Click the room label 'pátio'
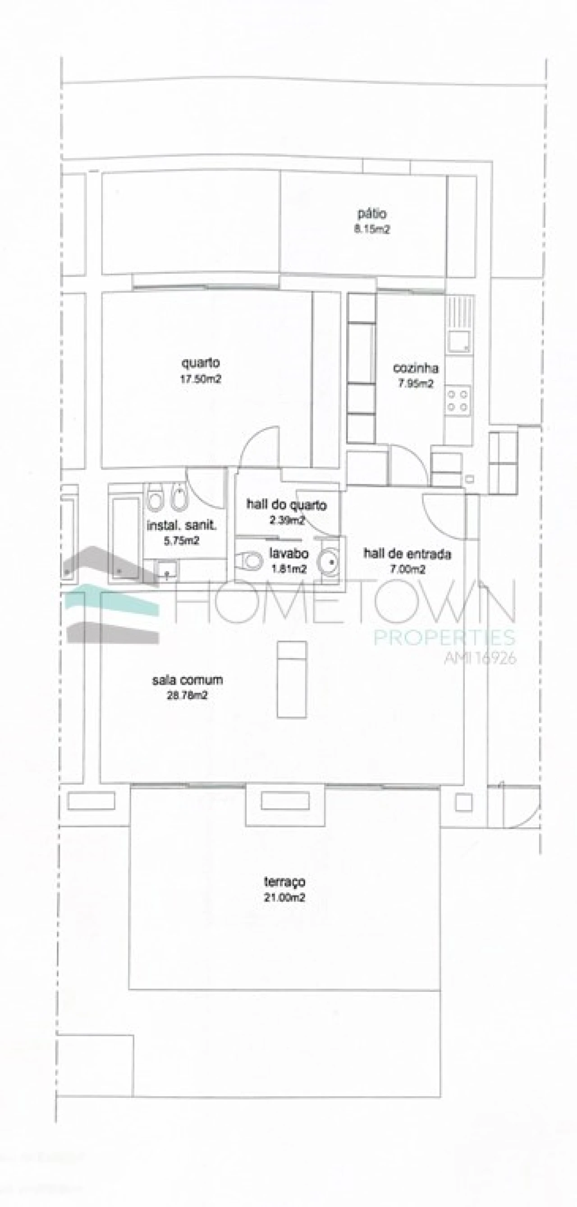click(x=372, y=214)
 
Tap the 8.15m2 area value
click(x=372, y=230)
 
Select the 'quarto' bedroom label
click(x=201, y=363)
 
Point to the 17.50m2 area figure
click(x=201, y=379)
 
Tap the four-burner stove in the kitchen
click(x=458, y=400)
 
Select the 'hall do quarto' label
click(x=287, y=505)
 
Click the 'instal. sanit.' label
click(x=182, y=525)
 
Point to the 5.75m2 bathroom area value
click(x=181, y=541)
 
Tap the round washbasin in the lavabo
click(x=329, y=561)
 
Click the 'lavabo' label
click(x=288, y=553)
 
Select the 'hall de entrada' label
click(x=407, y=554)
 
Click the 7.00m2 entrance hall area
click(x=408, y=569)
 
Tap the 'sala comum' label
click(x=188, y=680)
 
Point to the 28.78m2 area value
click(x=188, y=696)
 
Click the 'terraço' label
click(x=284, y=882)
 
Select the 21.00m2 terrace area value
click(x=284, y=898)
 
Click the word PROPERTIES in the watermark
click(x=444, y=638)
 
